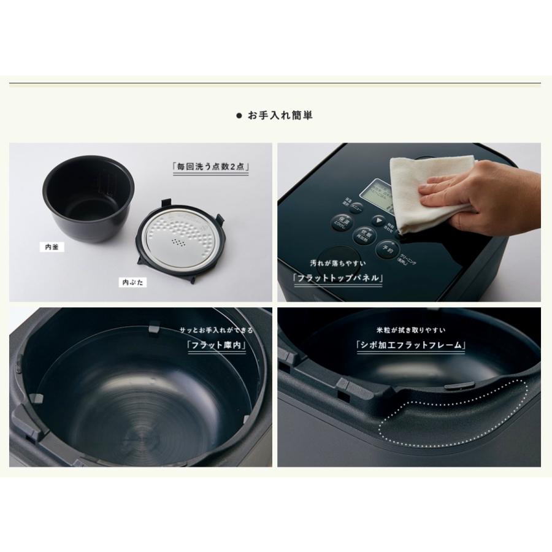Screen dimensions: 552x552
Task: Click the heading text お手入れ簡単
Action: pyautogui.click(x=280, y=115)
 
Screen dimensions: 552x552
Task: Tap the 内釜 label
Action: pyautogui.click(x=52, y=248)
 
